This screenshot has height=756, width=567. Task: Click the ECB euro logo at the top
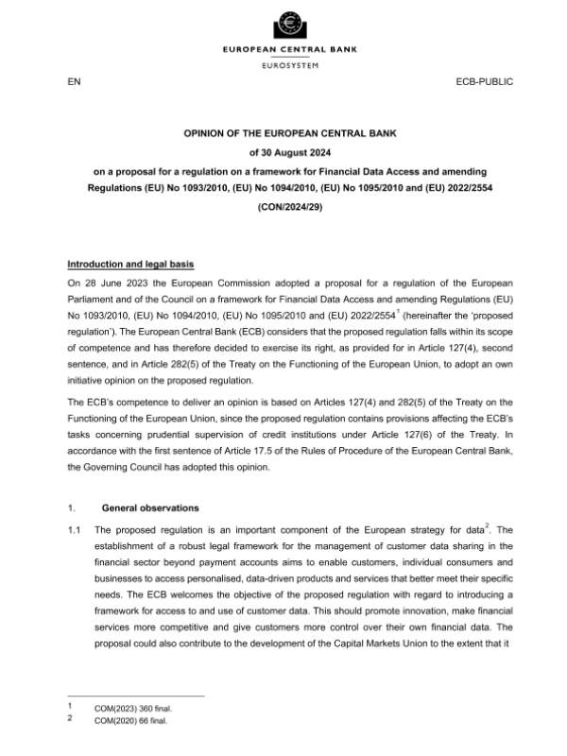(x=283, y=24)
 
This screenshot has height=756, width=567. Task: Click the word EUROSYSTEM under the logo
(x=283, y=64)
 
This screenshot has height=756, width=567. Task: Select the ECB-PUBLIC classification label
(x=485, y=83)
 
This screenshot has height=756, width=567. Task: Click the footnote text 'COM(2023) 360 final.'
(x=134, y=707)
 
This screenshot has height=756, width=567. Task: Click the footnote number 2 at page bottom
(x=70, y=719)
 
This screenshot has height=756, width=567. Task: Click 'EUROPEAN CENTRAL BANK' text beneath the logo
(x=283, y=49)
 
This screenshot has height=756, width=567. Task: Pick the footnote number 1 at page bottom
(x=70, y=707)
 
